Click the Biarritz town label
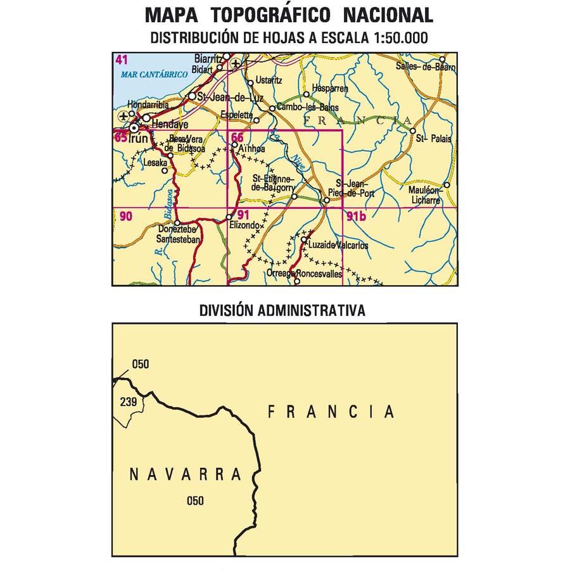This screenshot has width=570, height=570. tap(209, 56)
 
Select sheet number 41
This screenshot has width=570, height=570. tap(122, 61)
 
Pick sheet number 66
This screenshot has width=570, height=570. tap(237, 138)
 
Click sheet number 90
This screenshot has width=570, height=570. tap(125, 217)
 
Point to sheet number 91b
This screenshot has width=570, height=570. tap(357, 217)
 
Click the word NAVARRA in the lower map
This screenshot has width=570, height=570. tap(186, 474)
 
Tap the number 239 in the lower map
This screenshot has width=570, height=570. tap(128, 402)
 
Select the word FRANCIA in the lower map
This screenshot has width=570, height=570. tap(331, 412)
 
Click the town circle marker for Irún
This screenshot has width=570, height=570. tap(134, 129)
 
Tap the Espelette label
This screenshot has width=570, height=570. tap(236, 115)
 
